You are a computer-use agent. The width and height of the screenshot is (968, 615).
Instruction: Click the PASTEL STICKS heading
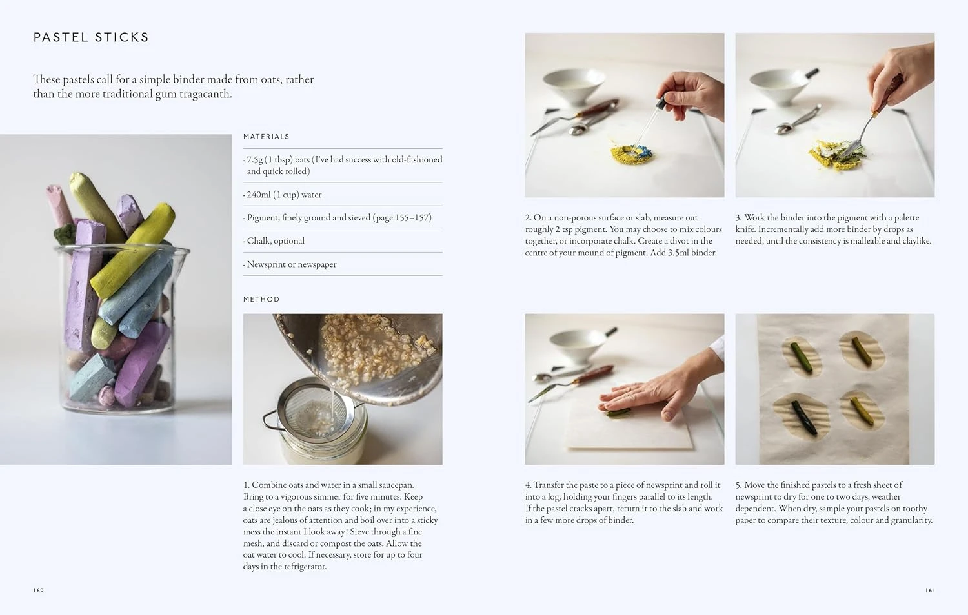91,37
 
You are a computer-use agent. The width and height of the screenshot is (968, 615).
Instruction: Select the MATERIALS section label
266,137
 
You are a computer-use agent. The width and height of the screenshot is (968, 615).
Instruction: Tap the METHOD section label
261,299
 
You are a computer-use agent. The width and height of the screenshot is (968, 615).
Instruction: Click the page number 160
39,591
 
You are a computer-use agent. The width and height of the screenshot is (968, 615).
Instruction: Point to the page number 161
930,591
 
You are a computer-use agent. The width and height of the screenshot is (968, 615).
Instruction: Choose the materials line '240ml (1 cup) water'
284,195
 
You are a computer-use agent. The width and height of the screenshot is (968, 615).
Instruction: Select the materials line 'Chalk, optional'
276,241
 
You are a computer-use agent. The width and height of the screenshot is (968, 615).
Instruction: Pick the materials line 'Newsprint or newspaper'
291,264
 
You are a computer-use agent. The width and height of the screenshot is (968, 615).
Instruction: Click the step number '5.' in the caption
739,485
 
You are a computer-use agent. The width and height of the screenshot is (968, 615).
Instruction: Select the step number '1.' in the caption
247,485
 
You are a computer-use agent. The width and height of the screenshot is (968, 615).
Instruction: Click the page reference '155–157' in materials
412,218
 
